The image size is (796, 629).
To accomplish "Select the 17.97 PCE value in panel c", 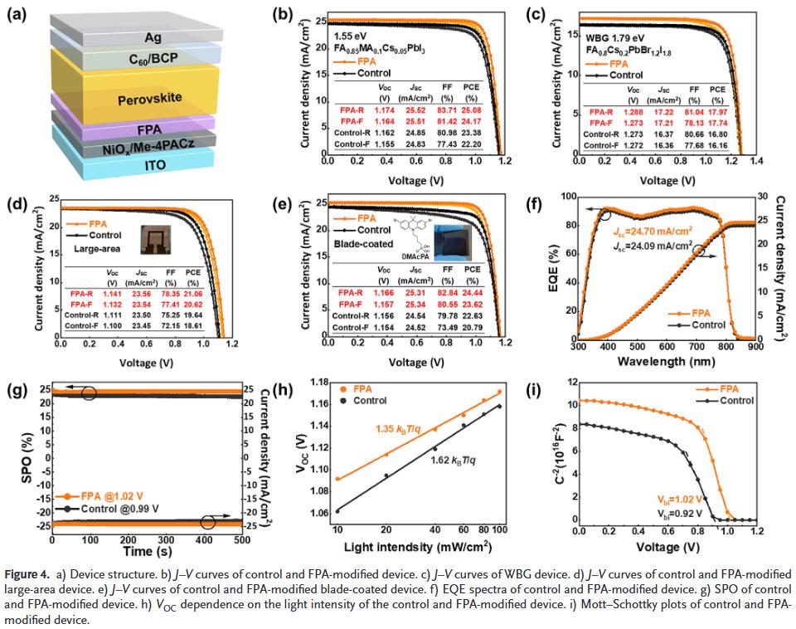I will pyautogui.click(x=717, y=112).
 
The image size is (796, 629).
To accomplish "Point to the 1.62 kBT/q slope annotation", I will pyautogui.click(x=457, y=459).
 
